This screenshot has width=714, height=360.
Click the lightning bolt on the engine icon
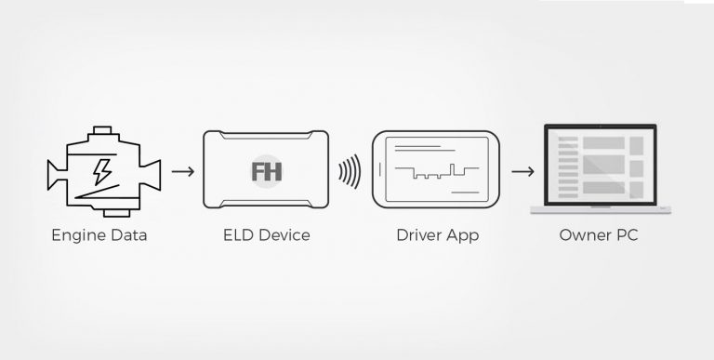pyautogui.click(x=99, y=170)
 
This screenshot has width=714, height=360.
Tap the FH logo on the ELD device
pyautogui.click(x=267, y=172)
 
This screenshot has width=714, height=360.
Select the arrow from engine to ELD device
pyautogui.click(x=183, y=171)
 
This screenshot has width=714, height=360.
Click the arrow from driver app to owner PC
pyautogui.click(x=522, y=171)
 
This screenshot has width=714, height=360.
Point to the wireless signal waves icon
pyautogui.click(x=349, y=171)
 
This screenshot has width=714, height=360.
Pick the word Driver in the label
pyautogui.click(x=416, y=235)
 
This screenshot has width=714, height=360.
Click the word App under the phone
pyautogui.click(x=462, y=236)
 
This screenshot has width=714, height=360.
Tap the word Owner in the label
pyautogui.click(x=585, y=235)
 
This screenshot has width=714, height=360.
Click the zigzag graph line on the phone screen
pyautogui.click(x=435, y=172)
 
